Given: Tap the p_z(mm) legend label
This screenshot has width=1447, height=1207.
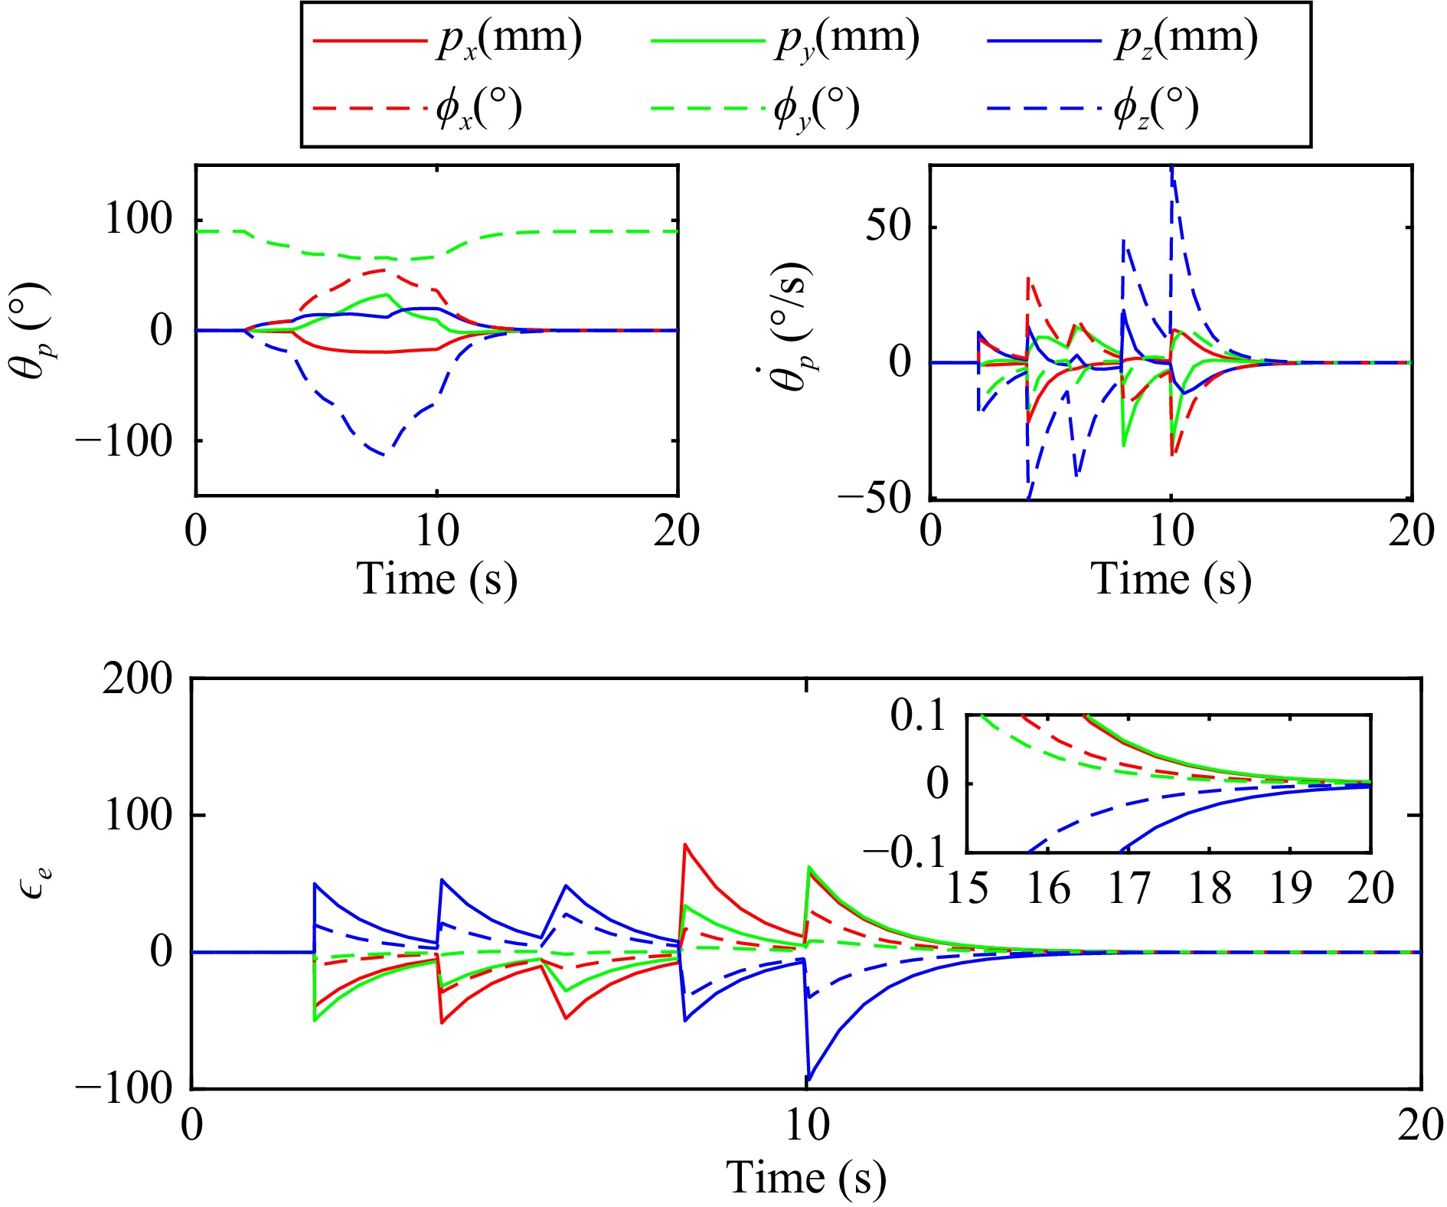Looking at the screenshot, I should [x=1186, y=38].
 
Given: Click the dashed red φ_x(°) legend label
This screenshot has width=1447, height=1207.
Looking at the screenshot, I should [x=479, y=109].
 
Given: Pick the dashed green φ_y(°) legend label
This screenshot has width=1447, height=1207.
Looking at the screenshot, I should [x=817, y=109].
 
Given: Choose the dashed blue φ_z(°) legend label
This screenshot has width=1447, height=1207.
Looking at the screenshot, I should [x=1156, y=109].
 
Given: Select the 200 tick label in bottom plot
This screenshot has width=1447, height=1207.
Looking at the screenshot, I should [x=138, y=679].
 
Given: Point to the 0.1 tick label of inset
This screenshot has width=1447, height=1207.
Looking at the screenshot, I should [x=918, y=716].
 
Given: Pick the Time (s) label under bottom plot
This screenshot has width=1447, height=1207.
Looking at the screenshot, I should [x=805, y=1177].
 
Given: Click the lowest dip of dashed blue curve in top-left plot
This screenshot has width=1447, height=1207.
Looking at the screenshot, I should [x=383, y=456].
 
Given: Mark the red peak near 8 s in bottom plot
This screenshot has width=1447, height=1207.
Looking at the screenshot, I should [x=685, y=845].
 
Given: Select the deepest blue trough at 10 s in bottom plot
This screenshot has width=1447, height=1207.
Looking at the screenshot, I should [x=808, y=1080].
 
